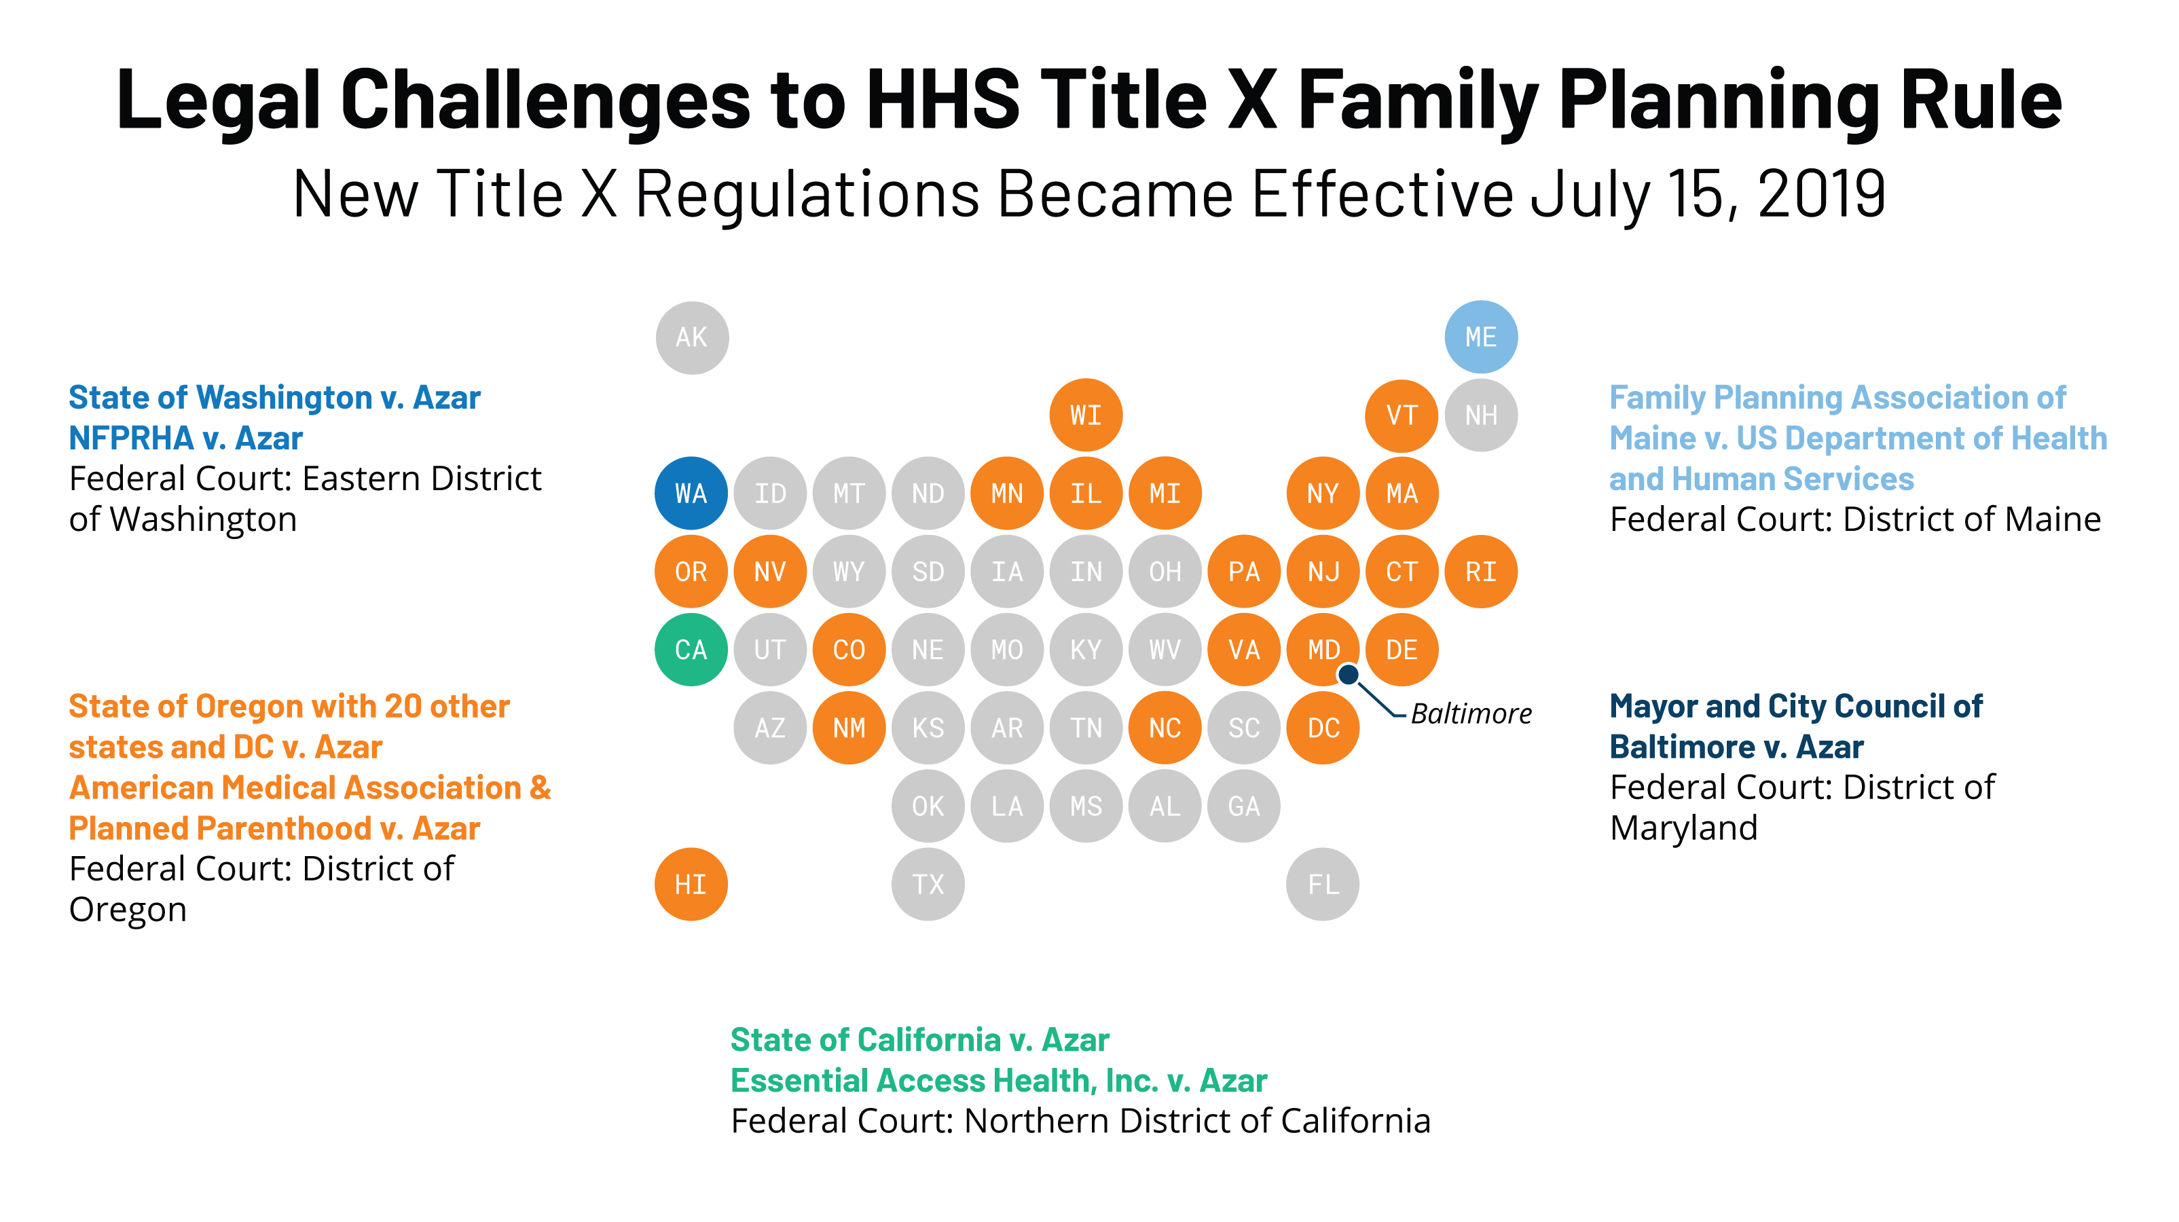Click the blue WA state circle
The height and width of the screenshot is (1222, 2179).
pyautogui.click(x=691, y=493)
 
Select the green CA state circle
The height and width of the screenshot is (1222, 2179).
pyautogui.click(x=691, y=650)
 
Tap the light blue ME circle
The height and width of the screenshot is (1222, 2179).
pyautogui.click(x=1480, y=337)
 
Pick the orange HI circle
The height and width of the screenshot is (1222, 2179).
pyautogui.click(x=691, y=884)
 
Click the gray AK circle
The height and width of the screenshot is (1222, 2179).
pyautogui.click(x=691, y=337)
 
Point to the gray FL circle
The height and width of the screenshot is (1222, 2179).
pyautogui.click(x=1322, y=884)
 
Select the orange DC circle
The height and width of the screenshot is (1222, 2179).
pyautogui.click(x=1322, y=727)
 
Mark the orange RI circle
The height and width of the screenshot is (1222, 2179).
pyautogui.click(x=1480, y=572)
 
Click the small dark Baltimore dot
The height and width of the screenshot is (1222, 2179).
pyautogui.click(x=1349, y=674)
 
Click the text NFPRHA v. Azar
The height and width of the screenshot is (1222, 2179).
pyautogui.click(x=185, y=438)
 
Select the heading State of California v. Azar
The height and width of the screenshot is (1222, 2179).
pyautogui.click(x=919, y=1039)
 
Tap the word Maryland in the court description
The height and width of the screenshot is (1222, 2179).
pyautogui.click(x=1683, y=828)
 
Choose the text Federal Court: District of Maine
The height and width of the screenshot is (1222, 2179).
pyautogui.click(x=1854, y=519)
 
